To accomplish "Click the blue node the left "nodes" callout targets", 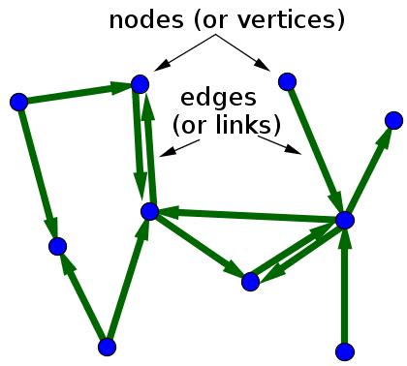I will point(140,84).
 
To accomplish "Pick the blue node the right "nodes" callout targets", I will point(285,81).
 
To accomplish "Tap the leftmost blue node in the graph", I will point(17,101).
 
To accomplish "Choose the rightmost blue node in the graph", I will point(392,119).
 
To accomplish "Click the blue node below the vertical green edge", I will point(344,351).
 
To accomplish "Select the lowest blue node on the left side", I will point(108,346).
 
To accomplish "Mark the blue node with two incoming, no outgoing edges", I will point(57,246).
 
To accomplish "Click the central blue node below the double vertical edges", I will point(149,211).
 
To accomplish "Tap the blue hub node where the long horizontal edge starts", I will point(344,221).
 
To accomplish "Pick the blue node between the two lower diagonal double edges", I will point(250,282).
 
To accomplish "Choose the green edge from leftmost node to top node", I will point(78,93).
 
